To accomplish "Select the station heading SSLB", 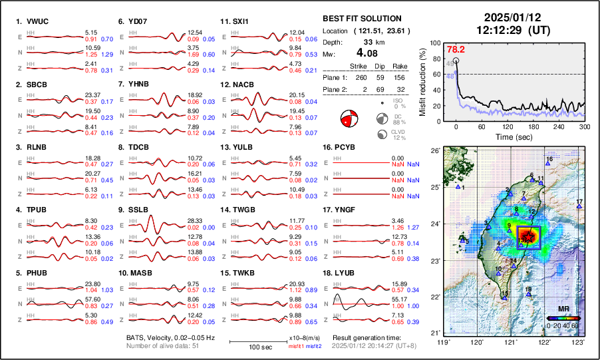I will (x=138, y=210).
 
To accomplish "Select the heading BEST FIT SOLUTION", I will (x=361, y=18).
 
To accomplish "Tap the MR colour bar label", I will (x=563, y=309).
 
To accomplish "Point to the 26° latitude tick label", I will (x=436, y=151).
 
